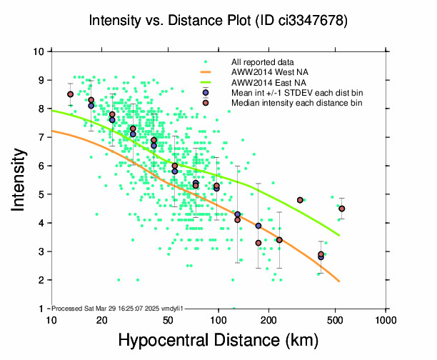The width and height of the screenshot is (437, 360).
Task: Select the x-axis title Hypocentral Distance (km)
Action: (218, 341)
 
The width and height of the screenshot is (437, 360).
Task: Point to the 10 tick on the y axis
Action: (39, 51)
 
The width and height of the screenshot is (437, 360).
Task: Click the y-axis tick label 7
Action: (42, 137)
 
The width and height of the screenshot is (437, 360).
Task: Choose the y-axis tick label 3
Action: (42, 251)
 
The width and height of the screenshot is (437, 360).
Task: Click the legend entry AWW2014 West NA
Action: (271, 72)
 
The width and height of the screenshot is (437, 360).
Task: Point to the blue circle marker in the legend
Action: (206, 93)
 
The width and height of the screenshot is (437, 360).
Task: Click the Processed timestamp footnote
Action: (117, 308)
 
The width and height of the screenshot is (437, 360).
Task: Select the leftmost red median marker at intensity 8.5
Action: (70, 94)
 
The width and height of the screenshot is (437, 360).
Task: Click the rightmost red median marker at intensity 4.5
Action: (342, 209)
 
